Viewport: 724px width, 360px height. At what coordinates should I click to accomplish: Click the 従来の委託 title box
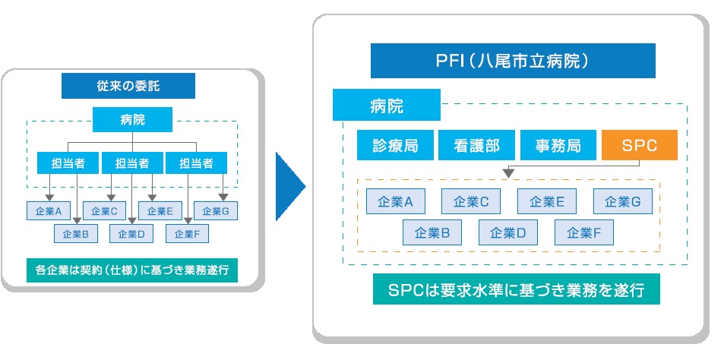click(x=128, y=86)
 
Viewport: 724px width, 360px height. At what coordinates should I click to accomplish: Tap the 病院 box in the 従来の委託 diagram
click(x=132, y=118)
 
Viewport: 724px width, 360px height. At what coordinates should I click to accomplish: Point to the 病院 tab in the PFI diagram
click(x=386, y=105)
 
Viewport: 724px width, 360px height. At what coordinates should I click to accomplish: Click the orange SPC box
click(x=639, y=144)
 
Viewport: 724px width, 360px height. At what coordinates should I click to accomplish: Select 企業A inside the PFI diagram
click(x=395, y=201)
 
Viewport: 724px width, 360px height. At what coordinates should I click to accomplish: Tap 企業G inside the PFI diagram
click(x=622, y=201)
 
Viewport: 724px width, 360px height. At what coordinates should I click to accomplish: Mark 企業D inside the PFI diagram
click(x=507, y=232)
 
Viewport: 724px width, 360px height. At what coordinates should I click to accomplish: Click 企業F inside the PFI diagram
click(x=583, y=232)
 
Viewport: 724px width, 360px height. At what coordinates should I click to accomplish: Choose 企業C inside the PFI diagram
click(x=471, y=201)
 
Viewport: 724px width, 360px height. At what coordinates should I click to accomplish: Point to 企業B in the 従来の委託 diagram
click(x=76, y=234)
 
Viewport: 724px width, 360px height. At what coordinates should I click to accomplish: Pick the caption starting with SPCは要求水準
click(x=517, y=290)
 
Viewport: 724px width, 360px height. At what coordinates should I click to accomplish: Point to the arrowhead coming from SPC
click(x=507, y=173)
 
